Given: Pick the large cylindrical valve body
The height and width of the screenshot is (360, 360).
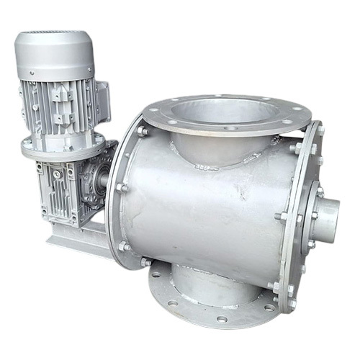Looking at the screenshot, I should coord(202,209).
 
